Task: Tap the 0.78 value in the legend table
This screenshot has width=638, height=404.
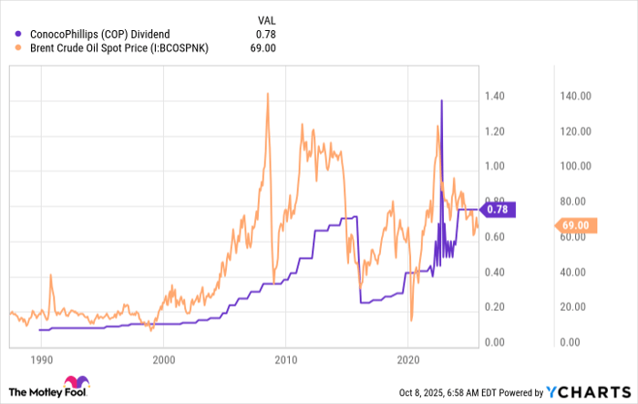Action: click(x=264, y=34)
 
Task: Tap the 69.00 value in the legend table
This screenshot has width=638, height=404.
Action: click(x=262, y=48)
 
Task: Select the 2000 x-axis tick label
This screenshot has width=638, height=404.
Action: click(x=164, y=359)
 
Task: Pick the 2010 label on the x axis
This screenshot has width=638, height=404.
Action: click(x=286, y=359)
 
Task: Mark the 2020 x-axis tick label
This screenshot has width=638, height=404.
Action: click(x=407, y=359)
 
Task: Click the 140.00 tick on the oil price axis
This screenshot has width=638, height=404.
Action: click(x=575, y=96)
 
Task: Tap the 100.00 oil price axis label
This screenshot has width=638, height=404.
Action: click(x=575, y=166)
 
